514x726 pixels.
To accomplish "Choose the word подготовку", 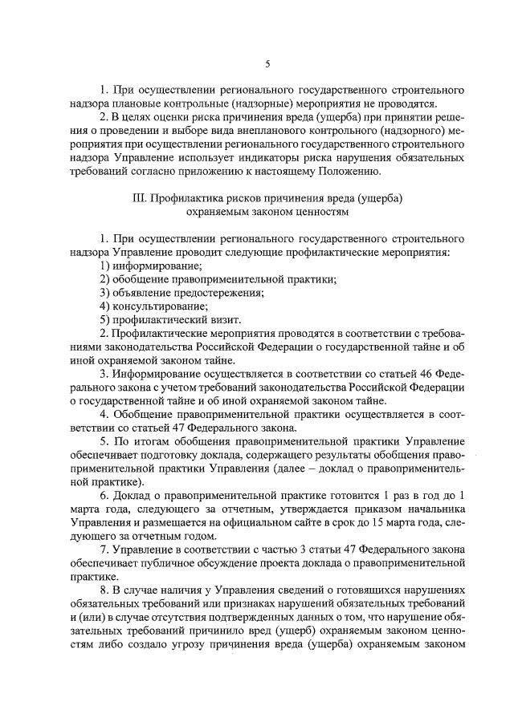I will click(188, 456).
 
